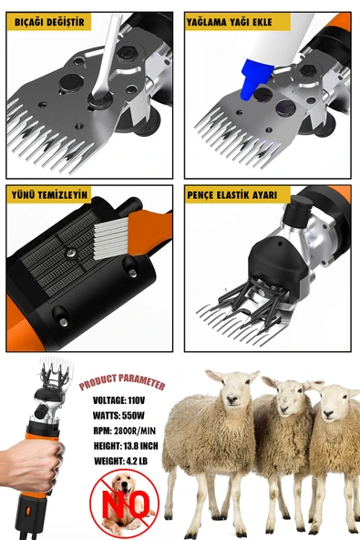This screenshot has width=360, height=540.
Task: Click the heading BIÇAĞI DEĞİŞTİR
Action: click(46, 19)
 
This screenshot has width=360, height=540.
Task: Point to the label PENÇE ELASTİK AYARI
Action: click(237, 194)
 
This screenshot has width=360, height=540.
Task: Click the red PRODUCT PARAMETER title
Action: click(122, 382)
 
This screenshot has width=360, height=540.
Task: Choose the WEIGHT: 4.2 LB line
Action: click(121, 461)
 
